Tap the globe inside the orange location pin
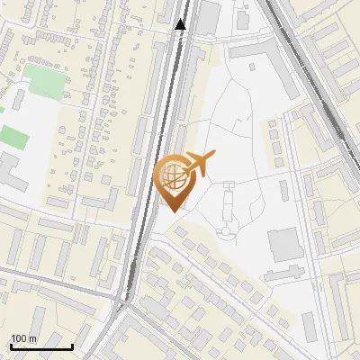pos(172,175)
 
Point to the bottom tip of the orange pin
pos(172,211)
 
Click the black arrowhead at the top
pos(181,24)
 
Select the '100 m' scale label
pos(24,338)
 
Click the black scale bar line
pos(41,346)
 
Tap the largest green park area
pos(45,81)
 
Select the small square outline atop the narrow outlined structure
pos(228,184)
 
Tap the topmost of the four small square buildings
pos(274,126)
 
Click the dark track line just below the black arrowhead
pos(179,54)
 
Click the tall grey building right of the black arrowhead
pos(209,18)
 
